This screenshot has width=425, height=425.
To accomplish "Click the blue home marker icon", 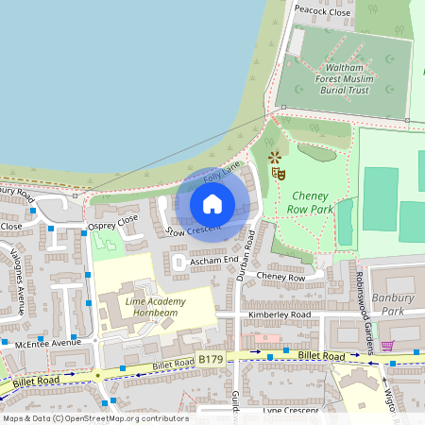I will click(212, 203).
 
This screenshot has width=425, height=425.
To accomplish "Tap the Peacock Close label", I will click(322, 11).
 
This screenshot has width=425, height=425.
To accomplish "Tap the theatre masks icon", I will click(278, 173).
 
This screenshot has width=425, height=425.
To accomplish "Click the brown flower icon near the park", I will click(274, 157).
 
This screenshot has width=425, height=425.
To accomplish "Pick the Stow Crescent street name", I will click(194, 229).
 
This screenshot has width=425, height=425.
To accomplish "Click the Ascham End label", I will click(213, 260).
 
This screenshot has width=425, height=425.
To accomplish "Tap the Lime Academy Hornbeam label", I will click(155, 307).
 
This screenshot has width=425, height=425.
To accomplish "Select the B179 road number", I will click(210, 360).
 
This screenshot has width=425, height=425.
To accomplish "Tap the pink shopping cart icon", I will click(387, 346).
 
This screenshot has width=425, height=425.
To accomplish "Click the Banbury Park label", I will click(398, 303).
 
